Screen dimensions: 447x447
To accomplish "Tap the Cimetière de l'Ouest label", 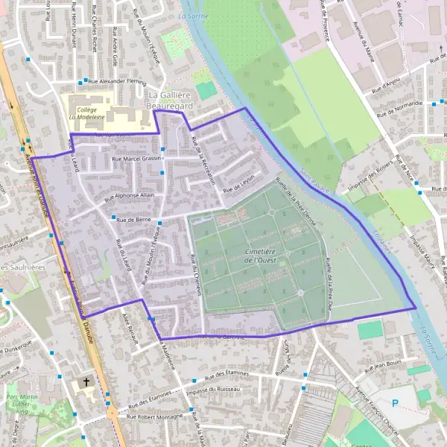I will click(x=268, y=256).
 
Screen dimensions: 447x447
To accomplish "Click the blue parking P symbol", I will click(x=396, y=403).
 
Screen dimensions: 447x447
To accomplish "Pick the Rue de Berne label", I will click(x=134, y=220).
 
